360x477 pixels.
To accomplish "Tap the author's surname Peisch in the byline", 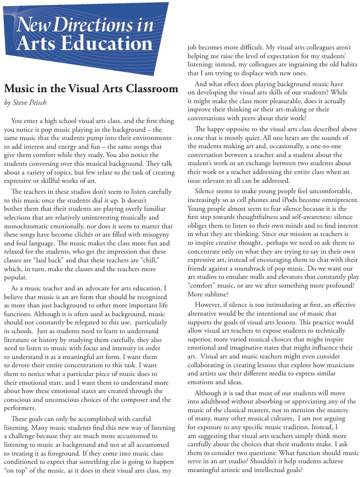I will pos(37,102).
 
